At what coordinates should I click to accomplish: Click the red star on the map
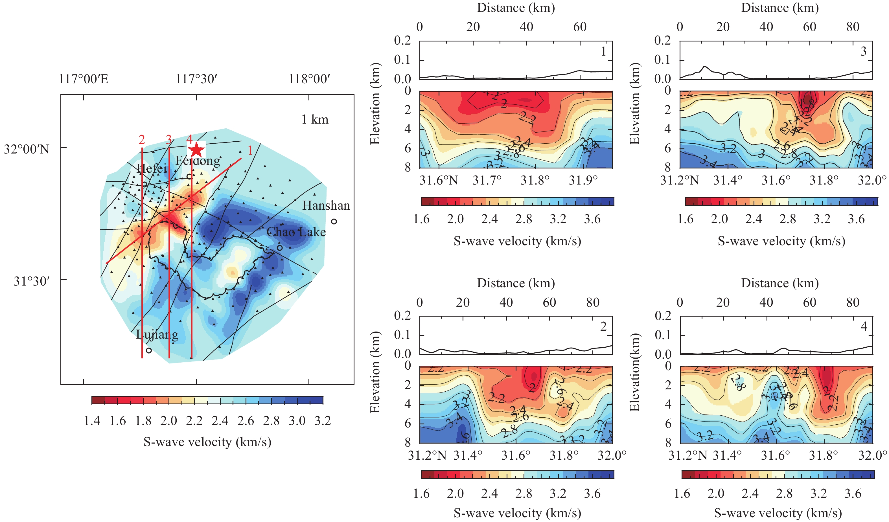click(196, 150)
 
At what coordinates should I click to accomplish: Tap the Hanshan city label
click(326, 206)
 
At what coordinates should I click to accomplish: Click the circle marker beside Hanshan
click(334, 221)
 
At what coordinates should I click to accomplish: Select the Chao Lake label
click(296, 232)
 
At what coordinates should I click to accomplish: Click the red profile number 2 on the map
click(142, 140)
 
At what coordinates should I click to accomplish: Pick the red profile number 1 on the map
click(250, 151)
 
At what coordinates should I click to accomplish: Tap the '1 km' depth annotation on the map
click(315, 120)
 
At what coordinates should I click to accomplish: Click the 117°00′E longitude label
click(83, 79)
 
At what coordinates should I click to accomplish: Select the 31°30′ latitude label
click(32, 282)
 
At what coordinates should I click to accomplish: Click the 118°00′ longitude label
click(309, 79)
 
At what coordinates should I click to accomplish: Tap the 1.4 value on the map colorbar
click(92, 421)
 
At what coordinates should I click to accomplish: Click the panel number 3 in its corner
click(863, 51)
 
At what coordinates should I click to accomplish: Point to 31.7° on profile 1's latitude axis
click(487, 181)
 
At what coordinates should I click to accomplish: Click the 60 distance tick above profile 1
click(580, 27)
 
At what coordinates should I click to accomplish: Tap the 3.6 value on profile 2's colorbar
click(592, 494)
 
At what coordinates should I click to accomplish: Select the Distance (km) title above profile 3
click(779, 8)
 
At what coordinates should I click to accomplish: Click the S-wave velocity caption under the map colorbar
click(207, 442)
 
